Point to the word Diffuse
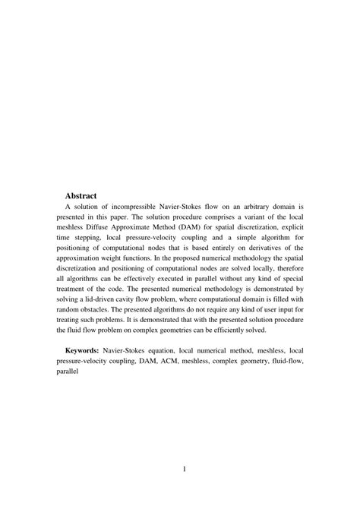[x=109, y=226]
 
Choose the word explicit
[x=289, y=226]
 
